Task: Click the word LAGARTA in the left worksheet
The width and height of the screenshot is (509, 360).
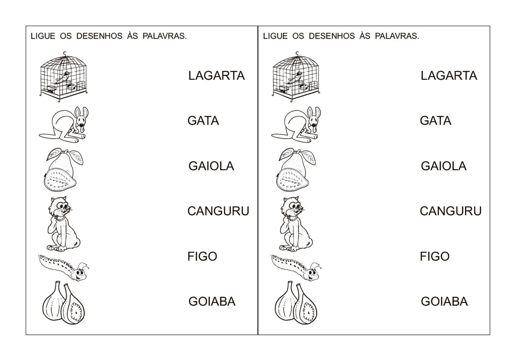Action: point(216,76)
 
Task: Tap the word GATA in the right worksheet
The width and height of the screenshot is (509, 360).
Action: point(435,121)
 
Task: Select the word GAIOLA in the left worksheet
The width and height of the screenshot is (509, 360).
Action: point(211,166)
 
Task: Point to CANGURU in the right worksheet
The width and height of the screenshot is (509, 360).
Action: point(450,211)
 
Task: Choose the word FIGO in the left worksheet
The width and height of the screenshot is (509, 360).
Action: point(202,257)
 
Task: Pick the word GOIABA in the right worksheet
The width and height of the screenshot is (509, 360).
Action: point(444,302)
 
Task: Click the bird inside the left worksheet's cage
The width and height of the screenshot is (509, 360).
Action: point(63,78)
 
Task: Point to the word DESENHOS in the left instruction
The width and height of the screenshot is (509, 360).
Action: point(99,36)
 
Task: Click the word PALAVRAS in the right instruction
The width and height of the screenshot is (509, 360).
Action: point(397,36)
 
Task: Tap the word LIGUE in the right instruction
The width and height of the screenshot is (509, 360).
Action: point(275,36)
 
